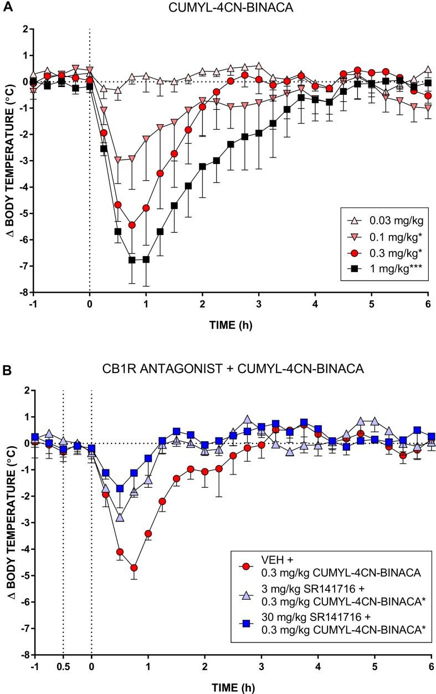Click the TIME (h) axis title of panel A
(228, 325)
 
